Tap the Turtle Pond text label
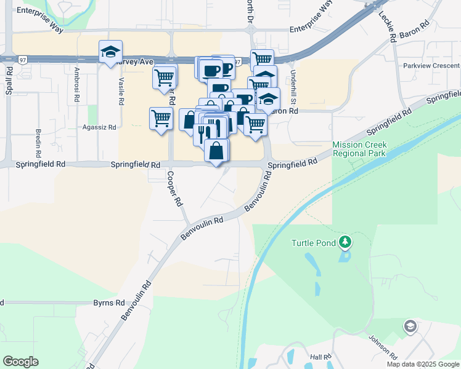[x=314, y=243]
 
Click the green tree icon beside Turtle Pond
[x=346, y=242]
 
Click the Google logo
[x=20, y=362]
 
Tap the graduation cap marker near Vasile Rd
[x=110, y=52]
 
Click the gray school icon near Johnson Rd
[x=409, y=326]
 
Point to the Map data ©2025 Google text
[x=423, y=364]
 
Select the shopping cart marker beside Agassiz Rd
[x=161, y=117]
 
